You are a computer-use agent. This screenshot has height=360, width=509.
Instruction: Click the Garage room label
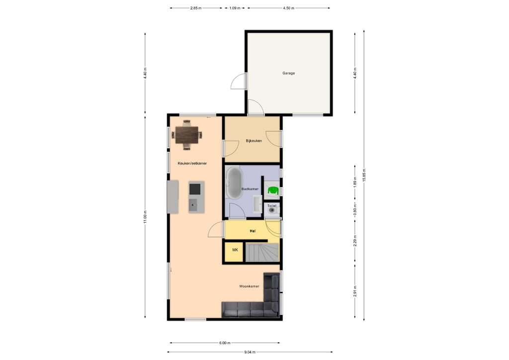coord(288,73)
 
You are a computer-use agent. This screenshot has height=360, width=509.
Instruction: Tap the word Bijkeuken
coord(254,141)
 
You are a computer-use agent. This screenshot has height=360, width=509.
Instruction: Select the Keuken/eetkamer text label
coord(192,163)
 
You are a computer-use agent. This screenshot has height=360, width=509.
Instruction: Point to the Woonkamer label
coord(249,286)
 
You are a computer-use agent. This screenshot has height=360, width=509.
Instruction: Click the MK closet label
coord(235,250)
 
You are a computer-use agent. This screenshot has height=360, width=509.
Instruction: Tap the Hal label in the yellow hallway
coord(252,231)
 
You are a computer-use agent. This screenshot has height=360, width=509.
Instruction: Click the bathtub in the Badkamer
coord(234,182)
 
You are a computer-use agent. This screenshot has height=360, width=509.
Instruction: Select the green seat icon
coord(273,189)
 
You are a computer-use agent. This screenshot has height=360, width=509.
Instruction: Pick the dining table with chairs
coord(186,134)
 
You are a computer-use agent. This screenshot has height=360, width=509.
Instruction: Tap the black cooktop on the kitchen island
coord(195,188)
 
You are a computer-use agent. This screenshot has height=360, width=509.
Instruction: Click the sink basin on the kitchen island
coord(194,203)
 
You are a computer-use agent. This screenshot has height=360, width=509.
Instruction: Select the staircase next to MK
coord(263,253)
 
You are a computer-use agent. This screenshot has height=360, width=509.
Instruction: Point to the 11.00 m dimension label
coord(145,217)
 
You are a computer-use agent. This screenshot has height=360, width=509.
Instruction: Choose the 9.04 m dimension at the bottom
coord(250,352)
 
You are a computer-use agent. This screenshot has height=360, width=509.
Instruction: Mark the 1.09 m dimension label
coord(235,8)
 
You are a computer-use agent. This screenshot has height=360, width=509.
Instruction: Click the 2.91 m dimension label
coord(354,291)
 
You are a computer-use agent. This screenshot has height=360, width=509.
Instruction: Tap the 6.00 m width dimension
coord(224,343)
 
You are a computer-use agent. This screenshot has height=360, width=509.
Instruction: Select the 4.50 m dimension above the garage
coord(288,8)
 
